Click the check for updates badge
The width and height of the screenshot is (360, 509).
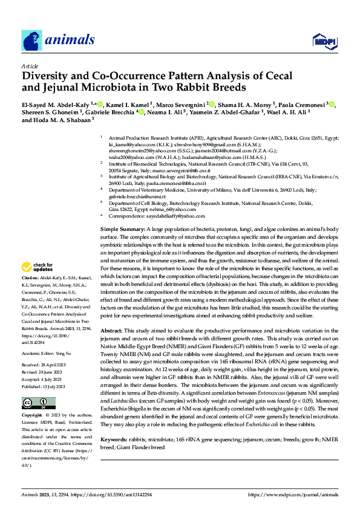point(39,268)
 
